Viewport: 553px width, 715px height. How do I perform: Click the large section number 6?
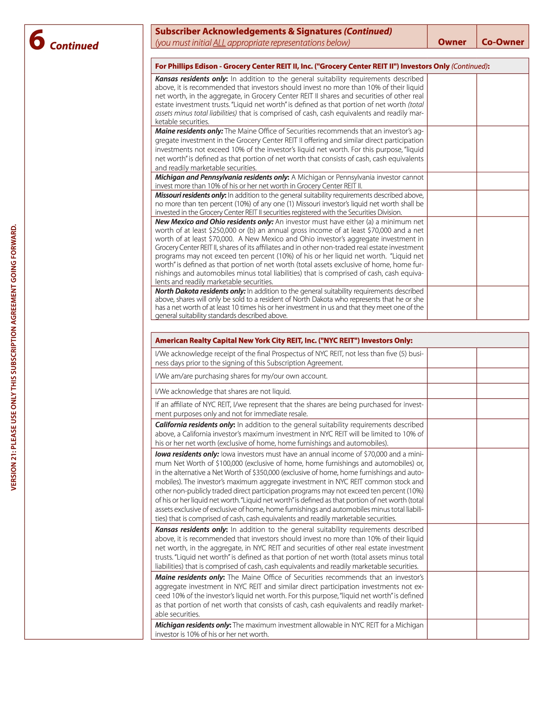[37, 40]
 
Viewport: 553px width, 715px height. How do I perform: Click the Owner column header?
[452, 42]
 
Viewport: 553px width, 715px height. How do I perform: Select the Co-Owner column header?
[502, 42]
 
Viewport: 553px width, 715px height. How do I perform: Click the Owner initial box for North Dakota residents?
[452, 303]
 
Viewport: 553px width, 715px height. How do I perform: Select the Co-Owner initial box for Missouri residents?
[502, 203]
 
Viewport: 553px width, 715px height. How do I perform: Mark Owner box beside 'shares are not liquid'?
[452, 391]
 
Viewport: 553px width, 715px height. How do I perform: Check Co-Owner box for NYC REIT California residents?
[502, 433]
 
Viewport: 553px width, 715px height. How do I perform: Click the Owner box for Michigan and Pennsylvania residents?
[452, 181]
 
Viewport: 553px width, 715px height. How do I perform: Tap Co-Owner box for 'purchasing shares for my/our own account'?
[502, 376]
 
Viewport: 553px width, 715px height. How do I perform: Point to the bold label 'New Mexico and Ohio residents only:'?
[214, 222]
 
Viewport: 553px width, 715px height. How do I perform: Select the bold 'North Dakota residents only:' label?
[200, 291]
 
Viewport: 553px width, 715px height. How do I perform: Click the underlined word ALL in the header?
[219, 43]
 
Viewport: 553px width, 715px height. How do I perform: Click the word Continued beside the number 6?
[74, 46]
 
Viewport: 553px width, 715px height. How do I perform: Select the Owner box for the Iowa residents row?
[452, 486]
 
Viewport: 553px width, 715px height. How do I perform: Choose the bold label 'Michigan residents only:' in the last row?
[193, 625]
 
